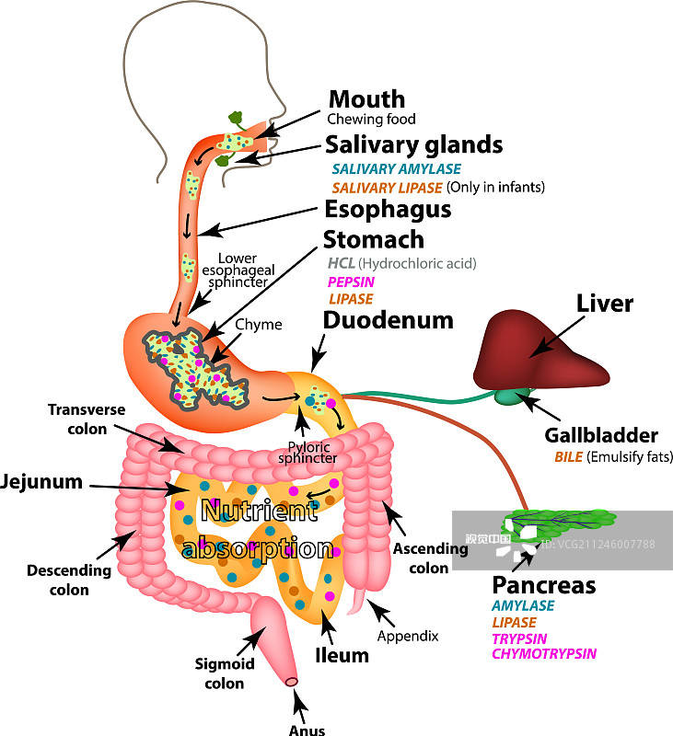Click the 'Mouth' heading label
click(366, 99)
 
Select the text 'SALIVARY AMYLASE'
click(396, 169)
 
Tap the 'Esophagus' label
click(388, 210)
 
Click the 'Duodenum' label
click(388, 320)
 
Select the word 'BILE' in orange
click(568, 456)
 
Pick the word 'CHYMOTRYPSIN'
click(543, 654)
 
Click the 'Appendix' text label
click(407, 636)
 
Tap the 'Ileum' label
click(342, 656)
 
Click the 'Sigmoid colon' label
click(219, 673)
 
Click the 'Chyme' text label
click(258, 325)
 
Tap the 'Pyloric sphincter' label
click(303, 453)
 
